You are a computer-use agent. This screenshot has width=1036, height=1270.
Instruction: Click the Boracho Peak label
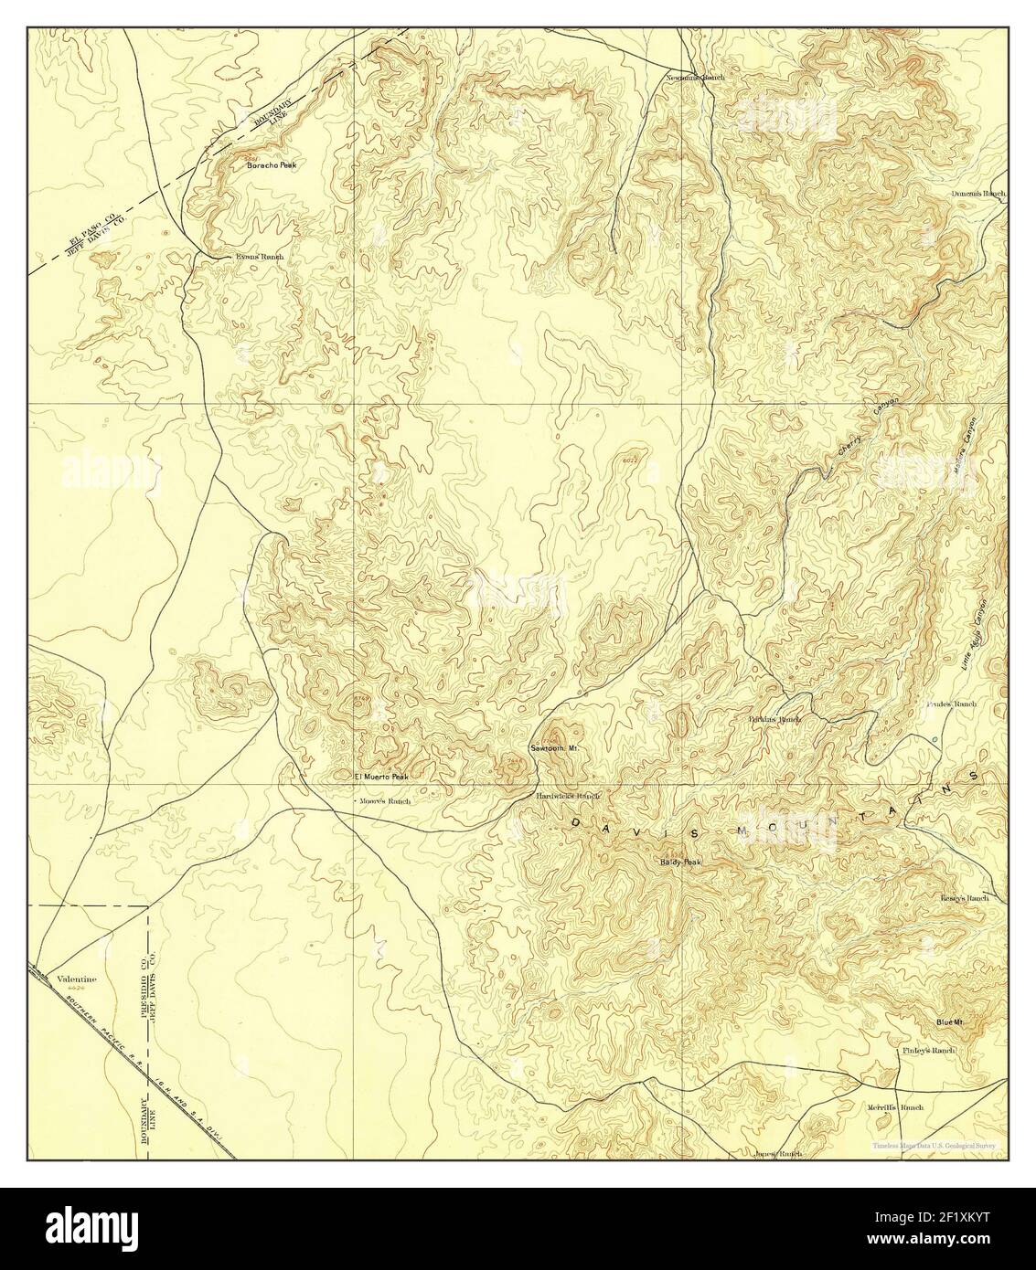(270, 166)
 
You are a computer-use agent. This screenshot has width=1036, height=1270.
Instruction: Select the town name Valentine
(77, 979)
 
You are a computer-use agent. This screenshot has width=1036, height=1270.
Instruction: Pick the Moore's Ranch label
(386, 800)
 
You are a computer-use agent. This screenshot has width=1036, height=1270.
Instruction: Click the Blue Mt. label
(950, 1021)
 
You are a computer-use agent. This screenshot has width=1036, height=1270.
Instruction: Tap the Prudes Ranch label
(952, 704)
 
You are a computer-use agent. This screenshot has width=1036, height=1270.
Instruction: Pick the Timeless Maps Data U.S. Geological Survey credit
(935, 1146)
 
